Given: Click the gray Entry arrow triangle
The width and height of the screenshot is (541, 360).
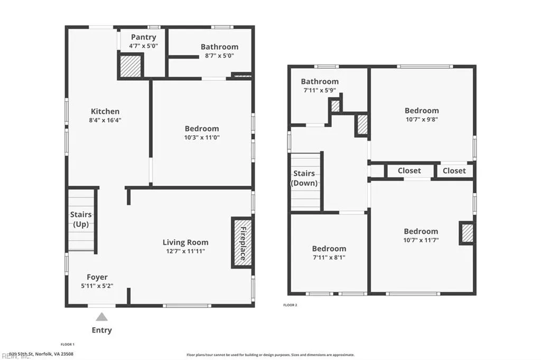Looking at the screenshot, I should click(101, 317).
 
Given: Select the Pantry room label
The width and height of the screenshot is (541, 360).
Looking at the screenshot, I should click(143, 37).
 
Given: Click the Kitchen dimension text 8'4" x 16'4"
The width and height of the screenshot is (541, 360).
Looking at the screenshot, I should click(105, 120).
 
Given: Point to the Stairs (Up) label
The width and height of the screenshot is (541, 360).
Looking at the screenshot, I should click(81, 219).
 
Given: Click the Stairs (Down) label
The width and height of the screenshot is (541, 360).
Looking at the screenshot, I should click(304, 178).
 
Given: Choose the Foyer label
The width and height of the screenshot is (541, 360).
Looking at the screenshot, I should click(97, 277).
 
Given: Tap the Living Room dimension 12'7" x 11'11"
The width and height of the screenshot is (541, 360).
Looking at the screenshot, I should click(185, 251).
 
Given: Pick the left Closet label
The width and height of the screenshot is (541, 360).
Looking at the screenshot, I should click(409, 170).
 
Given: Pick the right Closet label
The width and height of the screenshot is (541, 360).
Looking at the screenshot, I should click(454, 170).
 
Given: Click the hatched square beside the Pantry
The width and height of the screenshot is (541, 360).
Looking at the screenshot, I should click(130, 67).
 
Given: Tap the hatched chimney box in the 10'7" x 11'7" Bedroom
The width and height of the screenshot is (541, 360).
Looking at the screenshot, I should click(467, 233).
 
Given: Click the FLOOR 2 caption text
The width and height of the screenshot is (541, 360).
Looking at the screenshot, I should click(290, 305).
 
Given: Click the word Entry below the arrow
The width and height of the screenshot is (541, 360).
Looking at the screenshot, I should click(101, 330).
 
